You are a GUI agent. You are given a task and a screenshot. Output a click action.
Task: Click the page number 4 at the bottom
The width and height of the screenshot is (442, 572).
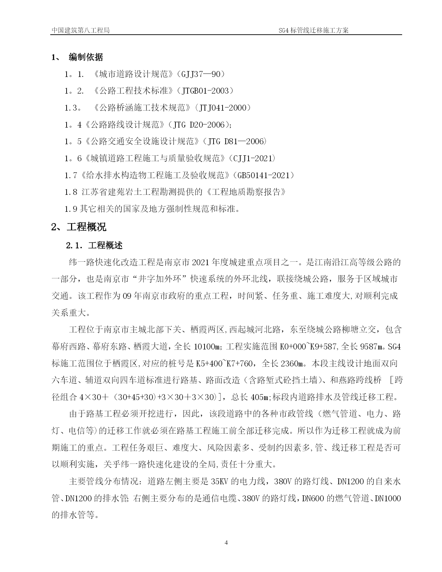[x=226, y=552]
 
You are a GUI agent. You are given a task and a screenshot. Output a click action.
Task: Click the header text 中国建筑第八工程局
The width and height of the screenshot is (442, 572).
[x=80, y=30]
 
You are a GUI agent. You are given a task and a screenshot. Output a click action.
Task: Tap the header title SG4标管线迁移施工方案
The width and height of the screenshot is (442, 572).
[x=314, y=30]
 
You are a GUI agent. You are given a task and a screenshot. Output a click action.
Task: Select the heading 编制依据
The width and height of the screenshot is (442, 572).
[x=86, y=57]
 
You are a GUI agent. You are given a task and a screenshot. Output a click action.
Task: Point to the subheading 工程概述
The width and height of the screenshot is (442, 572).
[x=105, y=246]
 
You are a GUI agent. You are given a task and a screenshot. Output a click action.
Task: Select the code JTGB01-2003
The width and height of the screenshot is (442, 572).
[x=205, y=91]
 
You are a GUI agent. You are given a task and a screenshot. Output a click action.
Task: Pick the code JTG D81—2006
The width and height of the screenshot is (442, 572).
[x=236, y=141]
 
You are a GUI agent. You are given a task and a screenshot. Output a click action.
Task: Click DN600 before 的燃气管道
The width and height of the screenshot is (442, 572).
[x=314, y=499]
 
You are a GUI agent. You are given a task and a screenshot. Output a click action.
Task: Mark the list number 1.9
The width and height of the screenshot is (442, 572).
[x=71, y=209]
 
